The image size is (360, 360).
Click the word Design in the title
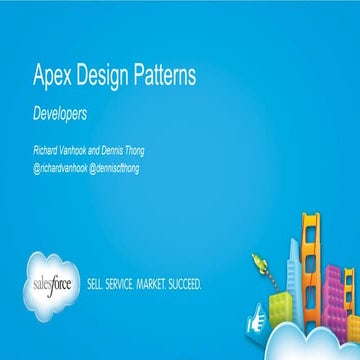click(x=105, y=76)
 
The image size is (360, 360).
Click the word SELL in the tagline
click(x=100, y=283)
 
